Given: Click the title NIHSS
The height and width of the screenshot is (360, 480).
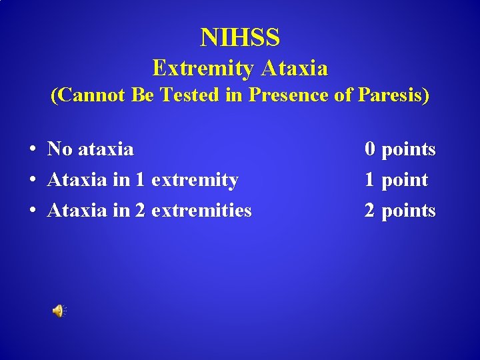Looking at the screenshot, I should pyautogui.click(x=240, y=38).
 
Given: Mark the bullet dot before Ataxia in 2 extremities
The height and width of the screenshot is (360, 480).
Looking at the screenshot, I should pyautogui.click(x=32, y=211).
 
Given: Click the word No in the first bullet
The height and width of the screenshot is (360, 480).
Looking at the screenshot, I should pyautogui.click(x=60, y=149).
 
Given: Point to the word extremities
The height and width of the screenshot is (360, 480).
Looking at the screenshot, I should pyautogui.click(x=201, y=211).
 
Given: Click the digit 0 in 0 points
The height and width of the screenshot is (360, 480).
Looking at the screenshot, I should pyautogui.click(x=369, y=149).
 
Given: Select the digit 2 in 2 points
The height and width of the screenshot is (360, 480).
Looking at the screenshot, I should pyautogui.click(x=369, y=211).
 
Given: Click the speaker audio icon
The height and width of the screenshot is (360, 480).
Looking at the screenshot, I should pyautogui.click(x=59, y=311).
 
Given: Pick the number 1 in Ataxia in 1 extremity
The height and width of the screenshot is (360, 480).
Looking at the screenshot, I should pyautogui.click(x=140, y=180).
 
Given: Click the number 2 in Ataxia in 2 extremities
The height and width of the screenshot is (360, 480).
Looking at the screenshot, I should pyautogui.click(x=140, y=211).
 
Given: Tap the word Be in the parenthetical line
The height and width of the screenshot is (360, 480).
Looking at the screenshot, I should pyautogui.click(x=143, y=95).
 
